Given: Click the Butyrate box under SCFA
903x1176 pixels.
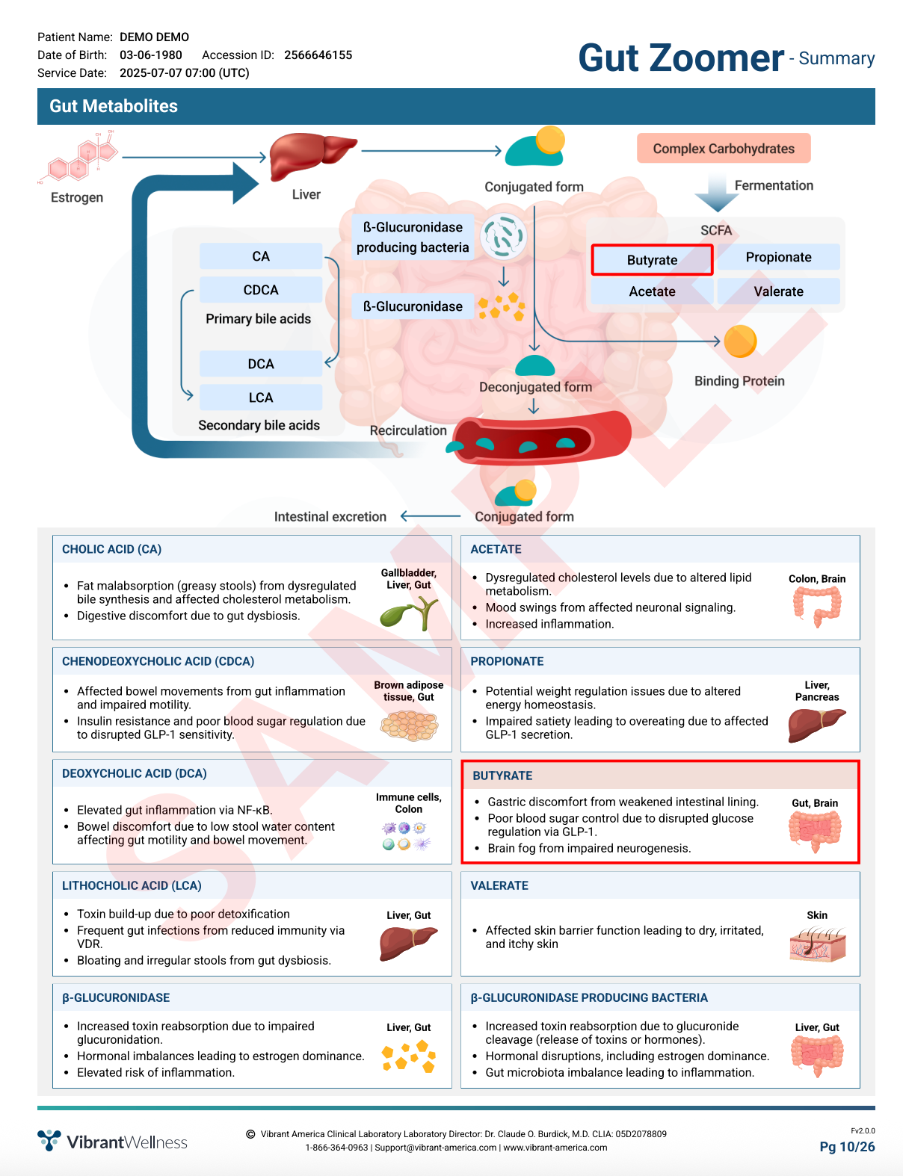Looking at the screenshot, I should pyautogui.click(x=652, y=260).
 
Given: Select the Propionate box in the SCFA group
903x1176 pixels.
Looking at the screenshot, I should pyautogui.click(x=778, y=257).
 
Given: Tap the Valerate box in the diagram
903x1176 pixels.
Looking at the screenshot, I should pyautogui.click(x=778, y=291).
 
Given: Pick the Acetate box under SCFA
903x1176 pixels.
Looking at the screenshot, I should pyautogui.click(x=652, y=291).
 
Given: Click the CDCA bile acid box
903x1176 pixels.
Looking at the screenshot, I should pyautogui.click(x=261, y=290).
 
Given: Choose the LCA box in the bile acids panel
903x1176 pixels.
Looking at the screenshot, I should pyautogui.click(x=261, y=397).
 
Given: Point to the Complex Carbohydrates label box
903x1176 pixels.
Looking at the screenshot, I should pyautogui.click(x=724, y=149).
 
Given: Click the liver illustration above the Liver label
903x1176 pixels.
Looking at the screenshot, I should pyautogui.click(x=309, y=155).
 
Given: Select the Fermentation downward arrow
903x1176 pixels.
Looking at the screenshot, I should pyautogui.click(x=716, y=193).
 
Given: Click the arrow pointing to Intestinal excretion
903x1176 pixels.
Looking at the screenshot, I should pyautogui.click(x=431, y=516).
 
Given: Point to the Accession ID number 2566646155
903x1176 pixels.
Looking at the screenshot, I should pyautogui.click(x=318, y=55).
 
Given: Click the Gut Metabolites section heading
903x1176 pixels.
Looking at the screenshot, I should pyautogui.click(x=114, y=106).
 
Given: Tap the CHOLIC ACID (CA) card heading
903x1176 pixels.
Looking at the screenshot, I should pyautogui.click(x=111, y=549).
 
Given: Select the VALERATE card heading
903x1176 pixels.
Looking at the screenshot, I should pyautogui.click(x=499, y=885).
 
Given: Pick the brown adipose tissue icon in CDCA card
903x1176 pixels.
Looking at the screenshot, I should pyautogui.click(x=409, y=725).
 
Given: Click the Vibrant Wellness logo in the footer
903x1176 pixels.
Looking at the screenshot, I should pyautogui.click(x=113, y=1142).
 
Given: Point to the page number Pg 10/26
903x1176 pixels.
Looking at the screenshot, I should pyautogui.click(x=847, y=1147).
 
